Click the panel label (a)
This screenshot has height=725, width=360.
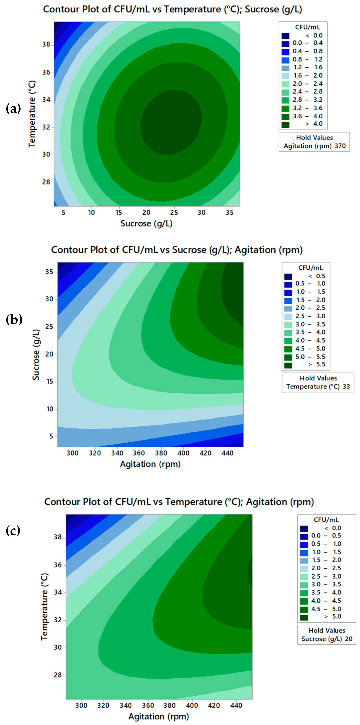[x=13, y=108]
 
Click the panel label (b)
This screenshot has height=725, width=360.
[x=14, y=320]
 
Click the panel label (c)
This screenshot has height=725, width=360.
[x=13, y=531]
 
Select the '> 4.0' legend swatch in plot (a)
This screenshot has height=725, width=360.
[x=285, y=124]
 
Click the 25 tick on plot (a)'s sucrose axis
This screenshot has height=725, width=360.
[x=174, y=213]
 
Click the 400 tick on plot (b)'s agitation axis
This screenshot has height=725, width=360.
[x=183, y=453]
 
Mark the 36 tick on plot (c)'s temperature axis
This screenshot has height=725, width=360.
[x=58, y=565]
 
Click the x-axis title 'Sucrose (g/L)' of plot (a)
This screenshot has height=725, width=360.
[x=146, y=224]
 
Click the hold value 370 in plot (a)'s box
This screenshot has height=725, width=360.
[x=340, y=146]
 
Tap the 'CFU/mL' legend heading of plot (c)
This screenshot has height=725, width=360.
[x=326, y=520]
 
